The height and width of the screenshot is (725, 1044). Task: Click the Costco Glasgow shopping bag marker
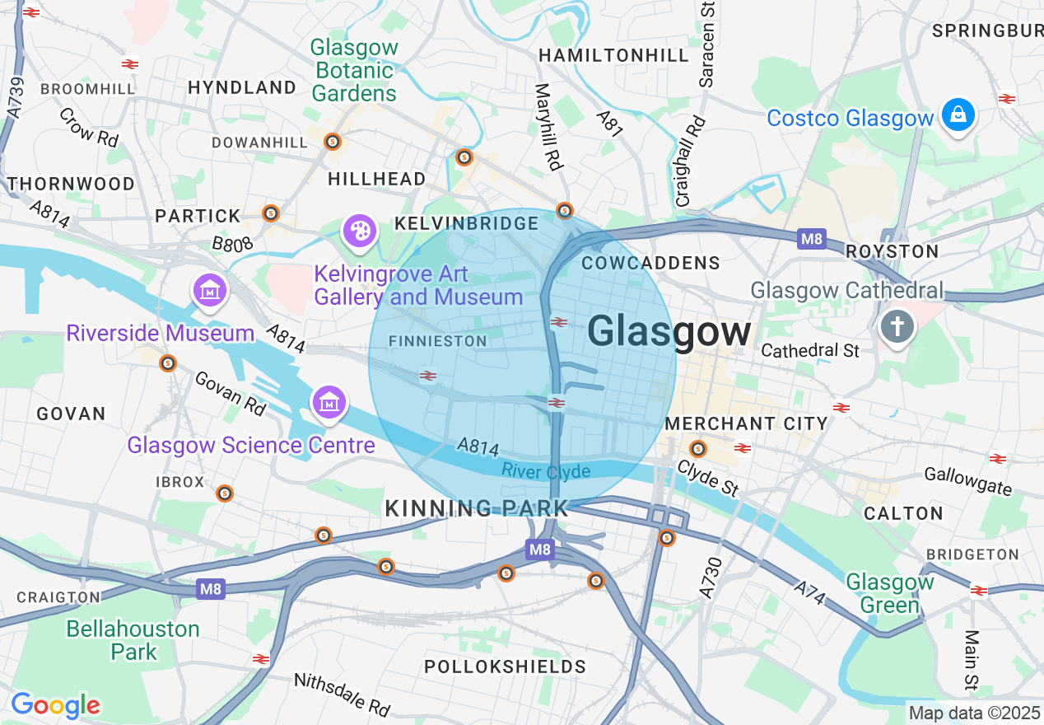[x=958, y=115]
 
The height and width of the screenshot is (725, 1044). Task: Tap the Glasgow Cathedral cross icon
[x=897, y=326]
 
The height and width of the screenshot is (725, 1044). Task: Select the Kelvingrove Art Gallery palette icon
[x=360, y=232]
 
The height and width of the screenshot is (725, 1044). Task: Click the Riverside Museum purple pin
[x=209, y=290]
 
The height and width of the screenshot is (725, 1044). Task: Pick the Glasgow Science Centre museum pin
[x=329, y=403]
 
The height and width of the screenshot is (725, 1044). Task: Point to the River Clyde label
[x=546, y=471]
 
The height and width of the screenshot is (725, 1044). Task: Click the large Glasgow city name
[x=669, y=332]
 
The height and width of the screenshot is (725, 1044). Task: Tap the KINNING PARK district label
[x=477, y=508]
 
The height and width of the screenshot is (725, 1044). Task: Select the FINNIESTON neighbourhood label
[x=437, y=341]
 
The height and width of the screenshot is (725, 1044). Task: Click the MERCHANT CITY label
[x=746, y=423]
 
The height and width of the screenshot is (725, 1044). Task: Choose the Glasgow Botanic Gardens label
[x=354, y=71]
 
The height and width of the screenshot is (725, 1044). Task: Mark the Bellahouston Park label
[x=133, y=640]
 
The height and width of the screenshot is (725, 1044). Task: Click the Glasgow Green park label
[x=890, y=593]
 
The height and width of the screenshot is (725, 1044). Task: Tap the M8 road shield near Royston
[x=811, y=240]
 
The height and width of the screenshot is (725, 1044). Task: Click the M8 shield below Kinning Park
[x=539, y=550]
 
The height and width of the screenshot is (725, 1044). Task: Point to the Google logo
[x=55, y=705]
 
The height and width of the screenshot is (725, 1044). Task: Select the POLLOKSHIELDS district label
[x=505, y=667]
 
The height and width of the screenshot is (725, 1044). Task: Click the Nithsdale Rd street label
[x=342, y=694]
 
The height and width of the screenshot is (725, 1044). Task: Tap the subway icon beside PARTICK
[x=271, y=213]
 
